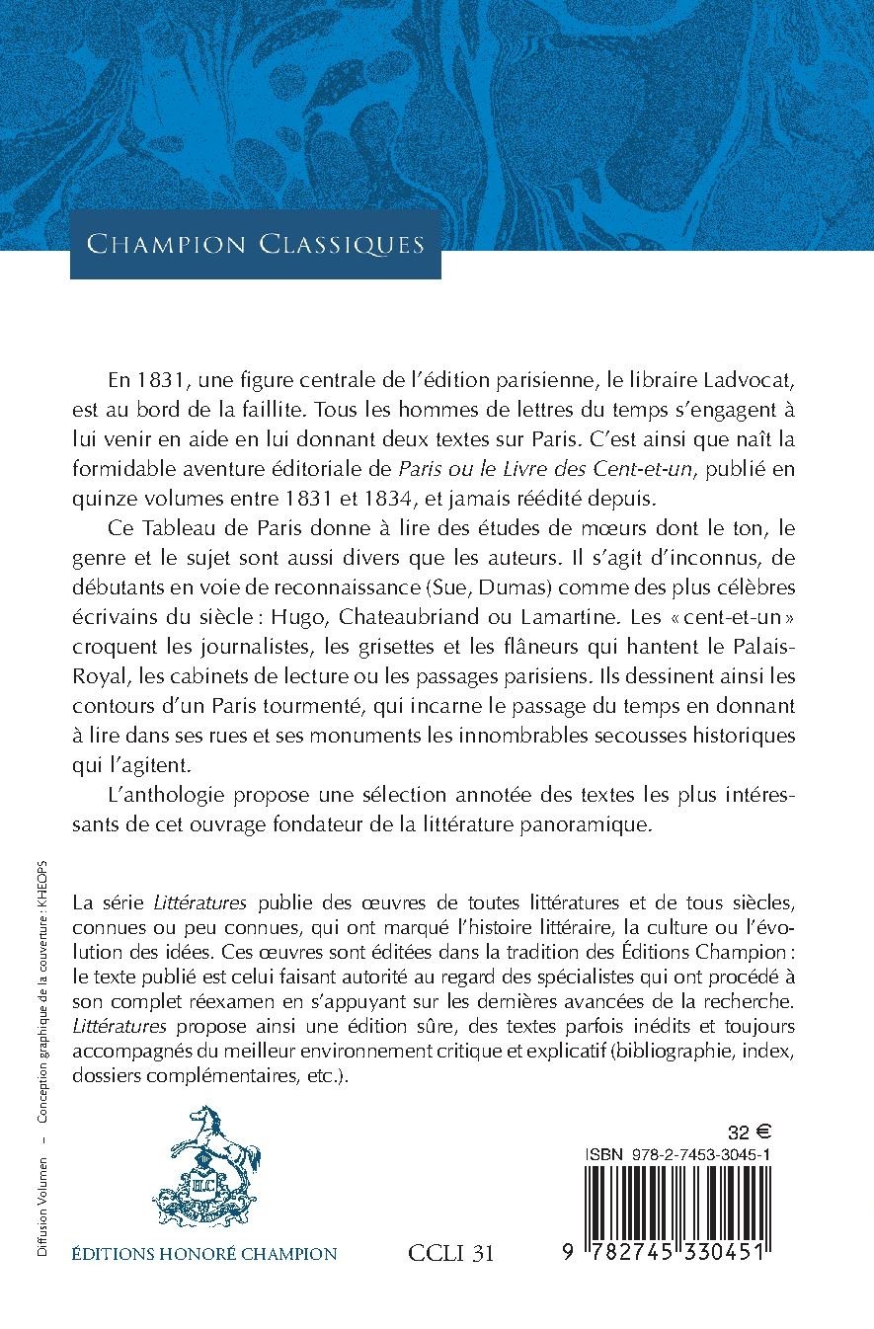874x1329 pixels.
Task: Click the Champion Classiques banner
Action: pyautogui.click(x=255, y=244)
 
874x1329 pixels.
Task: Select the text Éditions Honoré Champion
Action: pyautogui.click(x=205, y=1254)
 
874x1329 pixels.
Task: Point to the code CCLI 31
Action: pyautogui.click(x=450, y=1254)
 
